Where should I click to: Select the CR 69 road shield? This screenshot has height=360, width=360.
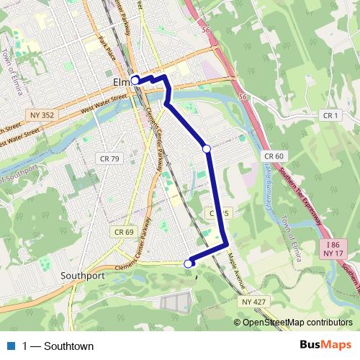click(124, 232)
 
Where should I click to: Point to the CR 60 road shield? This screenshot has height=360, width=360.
click(274, 156)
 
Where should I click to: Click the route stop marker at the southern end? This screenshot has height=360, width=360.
click(189, 264)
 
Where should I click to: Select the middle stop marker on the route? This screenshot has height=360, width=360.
click(207, 148)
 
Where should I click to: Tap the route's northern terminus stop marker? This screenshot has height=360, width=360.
click(135, 81)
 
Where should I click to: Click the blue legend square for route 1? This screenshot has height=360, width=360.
click(11, 346)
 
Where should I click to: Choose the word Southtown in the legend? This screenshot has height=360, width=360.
click(68, 346)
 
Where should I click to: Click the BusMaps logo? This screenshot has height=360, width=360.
click(325, 346)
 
